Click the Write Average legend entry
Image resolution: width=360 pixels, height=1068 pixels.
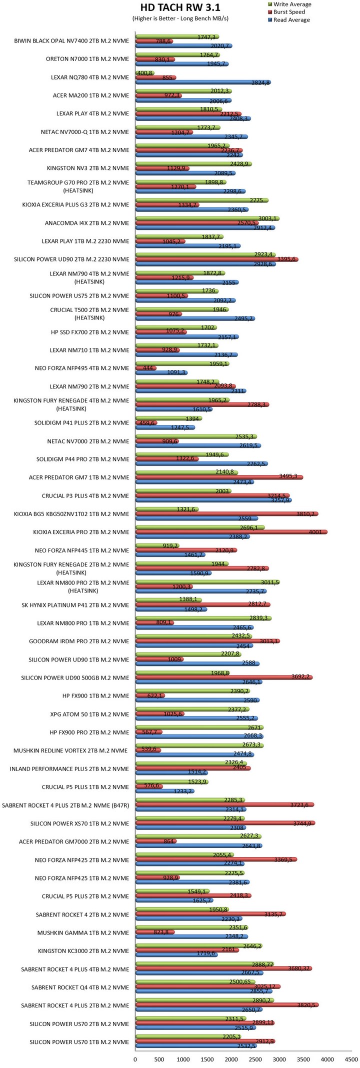292,4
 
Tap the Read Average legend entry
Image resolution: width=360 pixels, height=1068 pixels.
291,20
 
